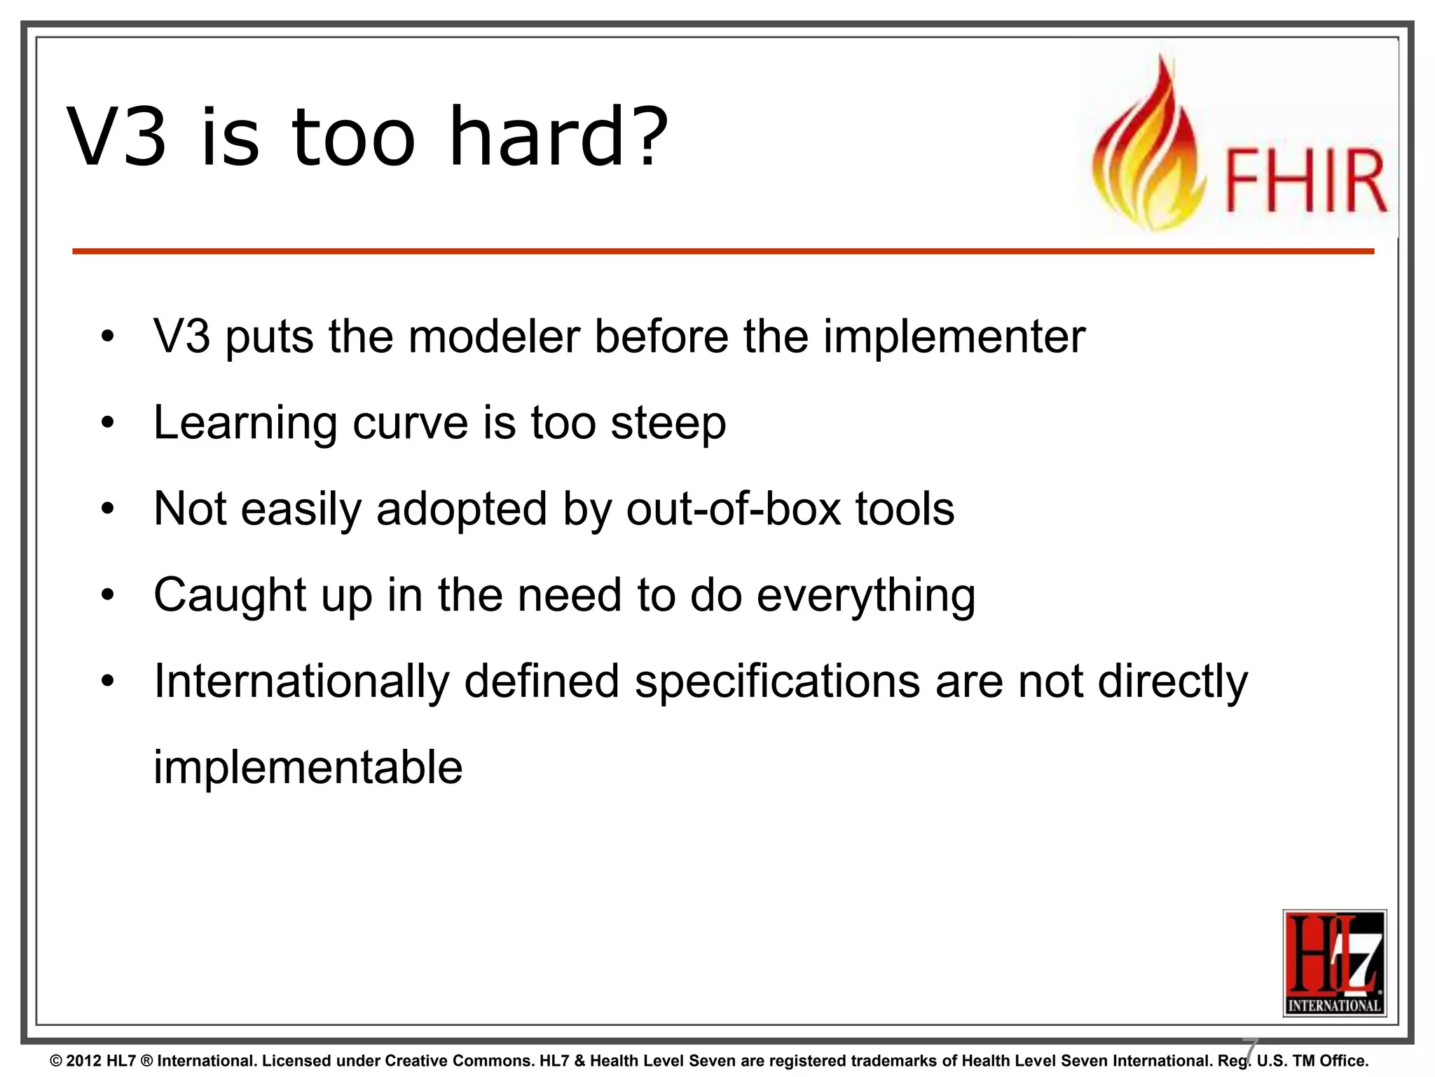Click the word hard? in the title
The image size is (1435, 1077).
click(558, 137)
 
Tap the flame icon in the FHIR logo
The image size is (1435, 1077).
click(1149, 151)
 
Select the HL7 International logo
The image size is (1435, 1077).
click(1334, 963)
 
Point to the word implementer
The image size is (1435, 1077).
click(954, 338)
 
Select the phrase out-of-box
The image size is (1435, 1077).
click(733, 509)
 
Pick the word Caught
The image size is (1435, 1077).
click(230, 595)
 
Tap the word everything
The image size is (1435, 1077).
click(866, 597)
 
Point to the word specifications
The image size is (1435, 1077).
click(777, 682)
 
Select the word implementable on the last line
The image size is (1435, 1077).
click(308, 768)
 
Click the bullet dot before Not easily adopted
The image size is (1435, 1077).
click(107, 509)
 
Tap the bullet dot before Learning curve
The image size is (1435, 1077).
click(107, 423)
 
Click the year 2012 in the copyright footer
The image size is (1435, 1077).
click(83, 1061)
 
